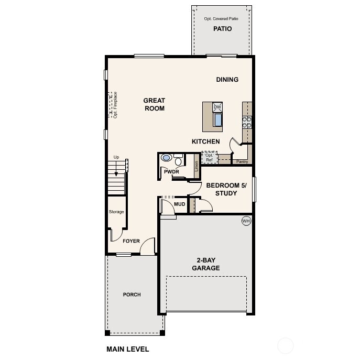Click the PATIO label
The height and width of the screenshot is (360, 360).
[x=222, y=29]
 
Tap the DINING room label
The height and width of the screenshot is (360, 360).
[x=227, y=80]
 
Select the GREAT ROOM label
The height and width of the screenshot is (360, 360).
[x=155, y=104]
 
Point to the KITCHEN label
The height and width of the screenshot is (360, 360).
[x=205, y=141]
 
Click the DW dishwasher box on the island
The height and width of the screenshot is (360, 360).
[x=217, y=107]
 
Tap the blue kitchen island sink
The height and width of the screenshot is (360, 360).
[x=217, y=120]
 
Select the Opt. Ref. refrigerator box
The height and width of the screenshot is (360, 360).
[x=210, y=157]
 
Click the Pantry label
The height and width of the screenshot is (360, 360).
[x=242, y=162]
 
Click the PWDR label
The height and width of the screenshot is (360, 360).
[x=171, y=171]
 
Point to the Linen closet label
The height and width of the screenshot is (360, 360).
[x=197, y=166]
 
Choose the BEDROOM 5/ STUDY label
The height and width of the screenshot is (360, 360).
[x=222, y=189]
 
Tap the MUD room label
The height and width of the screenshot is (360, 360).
[x=179, y=204]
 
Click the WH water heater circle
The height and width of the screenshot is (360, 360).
[x=246, y=221]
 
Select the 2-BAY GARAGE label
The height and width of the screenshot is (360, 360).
[x=208, y=264]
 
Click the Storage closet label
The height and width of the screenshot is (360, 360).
[x=116, y=212]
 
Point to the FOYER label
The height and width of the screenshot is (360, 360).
[x=131, y=241]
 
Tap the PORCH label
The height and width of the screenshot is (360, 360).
[x=132, y=294]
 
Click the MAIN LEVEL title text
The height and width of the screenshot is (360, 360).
[x=127, y=349]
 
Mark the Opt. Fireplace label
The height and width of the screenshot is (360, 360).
[x=115, y=105]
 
